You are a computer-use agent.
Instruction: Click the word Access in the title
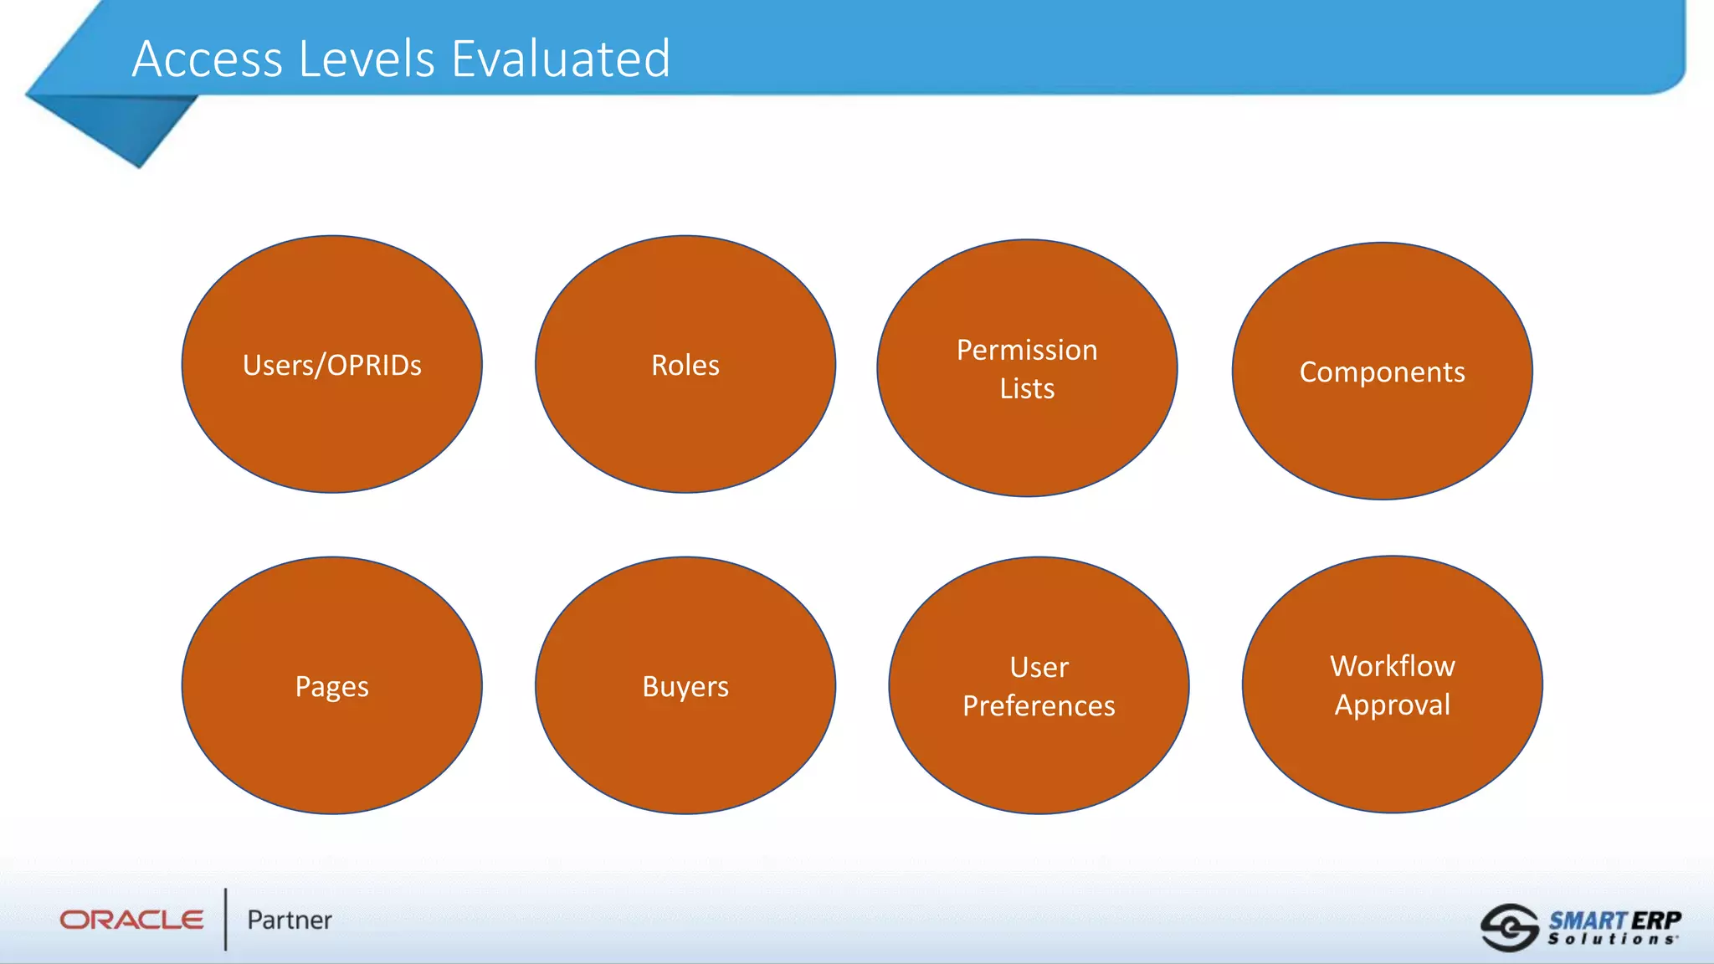(208, 59)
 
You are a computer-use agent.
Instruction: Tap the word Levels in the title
(367, 59)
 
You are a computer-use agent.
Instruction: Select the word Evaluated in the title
(561, 59)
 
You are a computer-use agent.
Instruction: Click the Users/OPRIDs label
(332, 366)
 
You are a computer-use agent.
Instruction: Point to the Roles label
(685, 366)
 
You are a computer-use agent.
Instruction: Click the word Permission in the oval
(1027, 350)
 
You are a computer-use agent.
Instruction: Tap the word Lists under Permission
(1027, 389)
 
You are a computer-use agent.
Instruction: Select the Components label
(1382, 372)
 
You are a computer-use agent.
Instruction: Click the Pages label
(332, 687)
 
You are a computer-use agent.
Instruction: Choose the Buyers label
(685, 687)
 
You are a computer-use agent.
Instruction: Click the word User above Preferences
(1039, 668)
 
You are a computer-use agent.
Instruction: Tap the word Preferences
(1039, 706)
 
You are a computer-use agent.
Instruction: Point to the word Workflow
(1393, 666)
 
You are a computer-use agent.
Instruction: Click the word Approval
(1393, 705)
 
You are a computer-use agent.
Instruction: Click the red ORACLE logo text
(131, 920)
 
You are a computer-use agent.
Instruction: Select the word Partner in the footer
(290, 920)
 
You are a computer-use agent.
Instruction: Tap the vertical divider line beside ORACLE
(225, 919)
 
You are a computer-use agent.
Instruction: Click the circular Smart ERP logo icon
(1509, 927)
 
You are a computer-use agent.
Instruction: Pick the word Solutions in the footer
(1612, 940)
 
